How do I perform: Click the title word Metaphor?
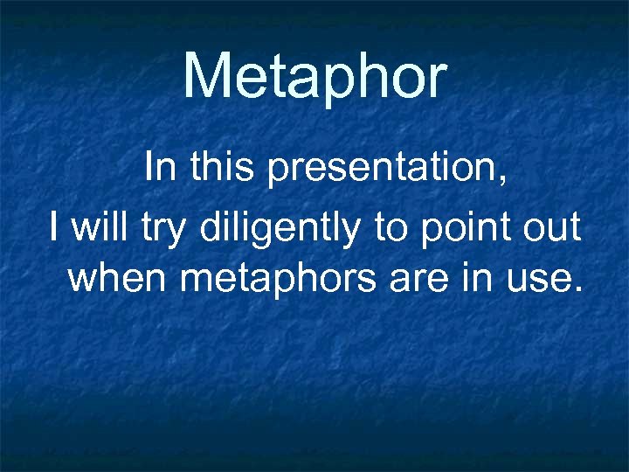[x=314, y=76]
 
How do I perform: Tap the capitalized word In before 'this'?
[x=159, y=167]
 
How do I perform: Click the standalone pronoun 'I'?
[x=55, y=228]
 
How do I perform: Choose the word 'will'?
[x=99, y=228]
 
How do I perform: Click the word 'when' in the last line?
[x=120, y=279]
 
